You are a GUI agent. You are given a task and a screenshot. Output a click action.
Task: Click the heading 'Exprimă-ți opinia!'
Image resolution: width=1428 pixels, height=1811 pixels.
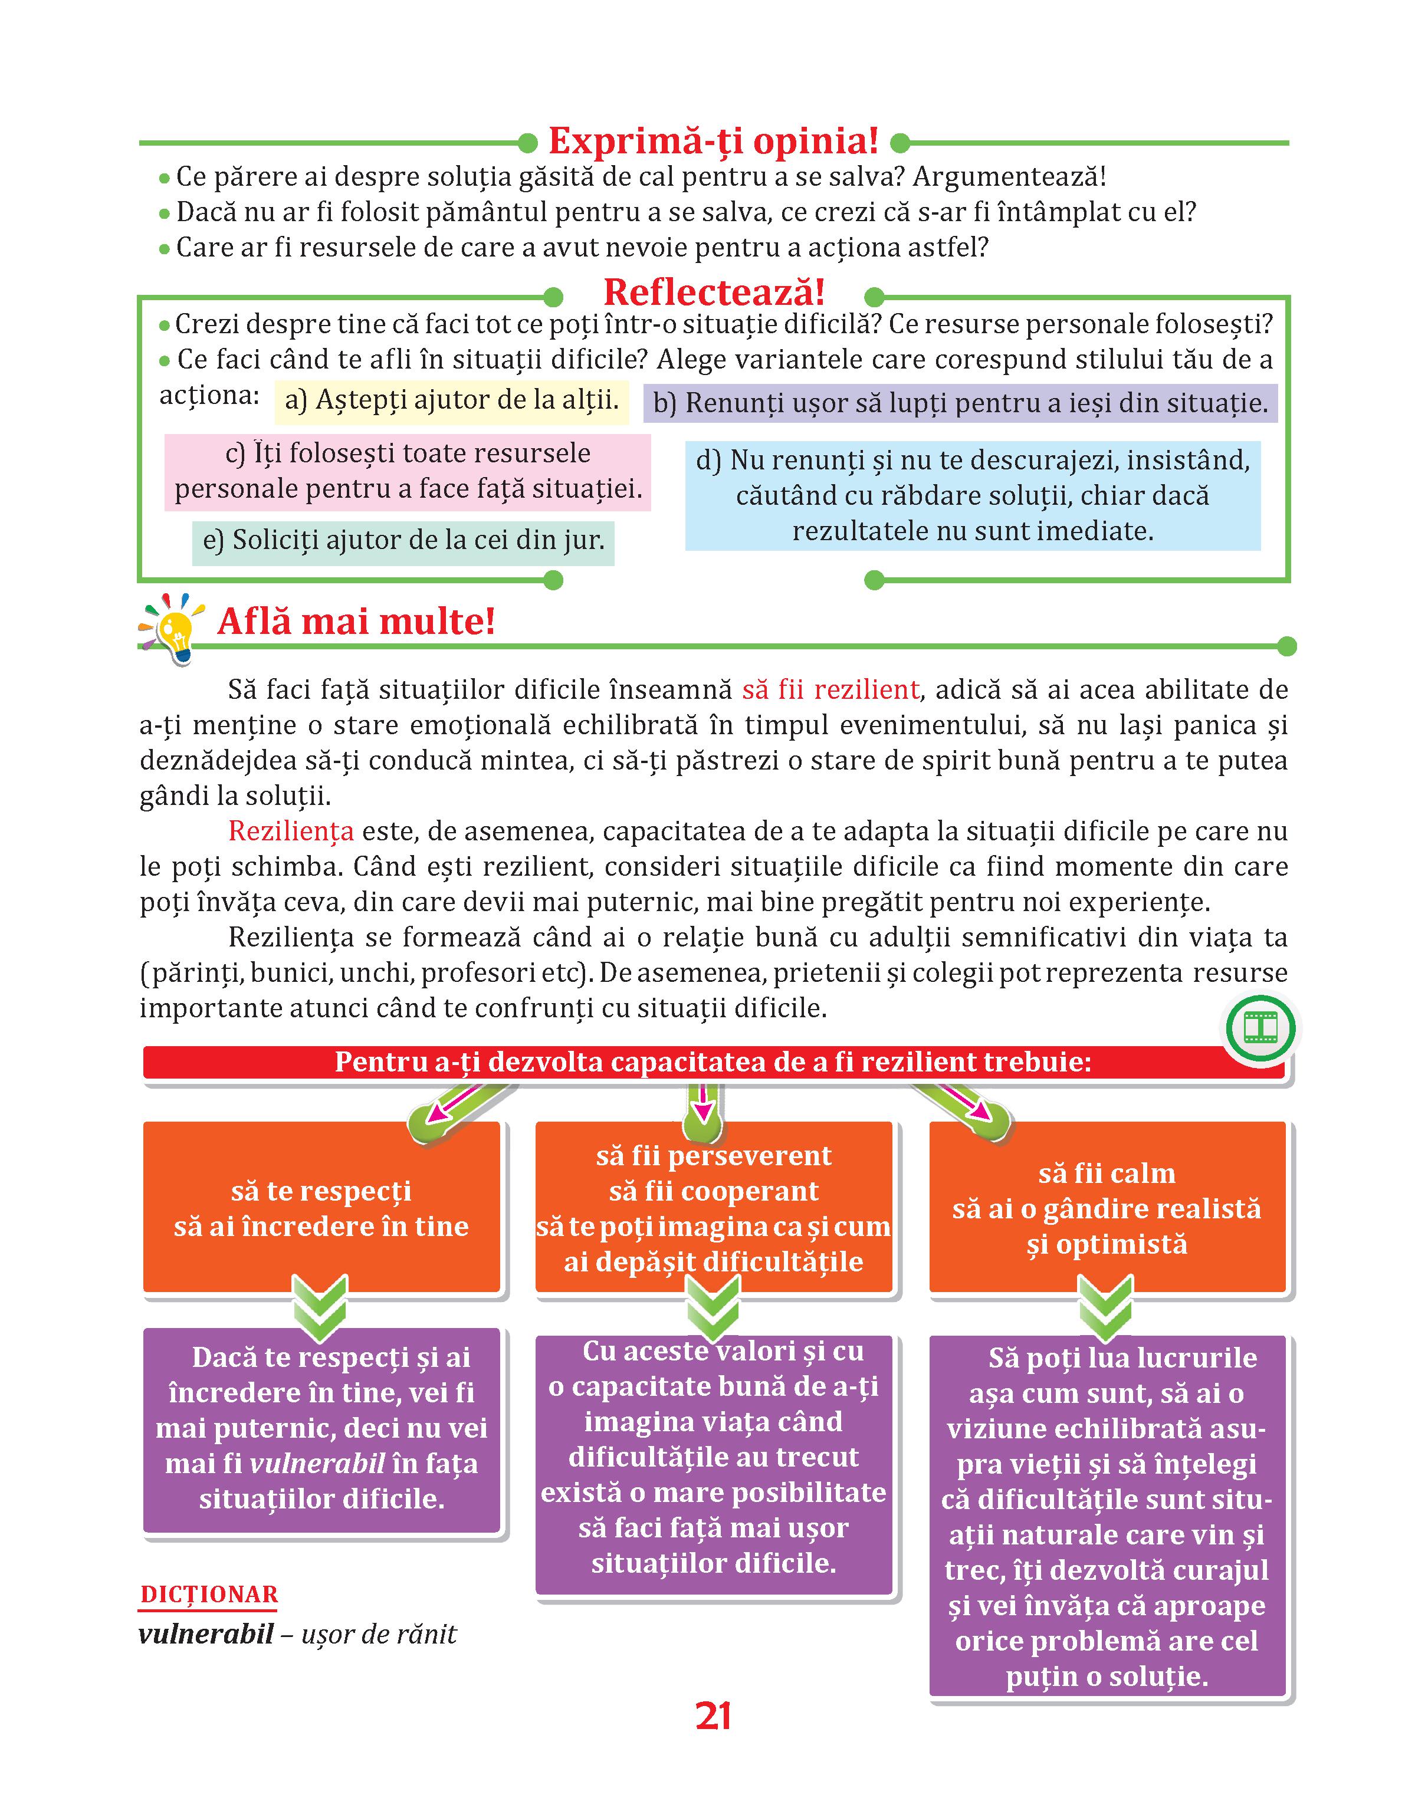click(713, 142)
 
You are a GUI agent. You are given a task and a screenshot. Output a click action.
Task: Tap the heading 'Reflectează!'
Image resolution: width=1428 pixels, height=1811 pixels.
click(713, 292)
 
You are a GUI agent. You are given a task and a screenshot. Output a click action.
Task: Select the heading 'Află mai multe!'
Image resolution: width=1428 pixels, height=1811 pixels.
click(356, 622)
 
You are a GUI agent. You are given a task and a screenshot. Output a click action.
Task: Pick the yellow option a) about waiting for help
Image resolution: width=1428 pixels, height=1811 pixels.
click(451, 400)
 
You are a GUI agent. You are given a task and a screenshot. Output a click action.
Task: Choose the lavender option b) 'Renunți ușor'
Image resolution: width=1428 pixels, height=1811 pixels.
click(960, 403)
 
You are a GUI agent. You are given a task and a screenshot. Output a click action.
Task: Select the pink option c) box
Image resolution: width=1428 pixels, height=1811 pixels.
click(408, 471)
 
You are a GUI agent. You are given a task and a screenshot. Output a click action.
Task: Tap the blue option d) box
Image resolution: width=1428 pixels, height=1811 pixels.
click(972, 495)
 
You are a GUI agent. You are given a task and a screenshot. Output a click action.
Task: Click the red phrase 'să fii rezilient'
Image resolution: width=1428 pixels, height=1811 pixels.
click(830, 689)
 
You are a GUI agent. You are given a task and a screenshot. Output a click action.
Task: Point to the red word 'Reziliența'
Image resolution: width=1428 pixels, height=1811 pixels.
click(291, 831)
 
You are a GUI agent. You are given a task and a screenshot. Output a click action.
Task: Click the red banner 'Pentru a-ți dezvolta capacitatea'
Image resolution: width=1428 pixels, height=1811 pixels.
click(713, 1062)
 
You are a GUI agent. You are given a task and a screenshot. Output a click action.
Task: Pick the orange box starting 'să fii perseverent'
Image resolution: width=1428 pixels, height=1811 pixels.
click(713, 1208)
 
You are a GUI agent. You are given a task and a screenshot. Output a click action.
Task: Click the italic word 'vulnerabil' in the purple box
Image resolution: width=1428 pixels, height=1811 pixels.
click(318, 1463)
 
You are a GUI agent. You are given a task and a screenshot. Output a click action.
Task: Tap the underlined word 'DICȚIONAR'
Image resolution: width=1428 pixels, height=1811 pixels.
click(209, 1595)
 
